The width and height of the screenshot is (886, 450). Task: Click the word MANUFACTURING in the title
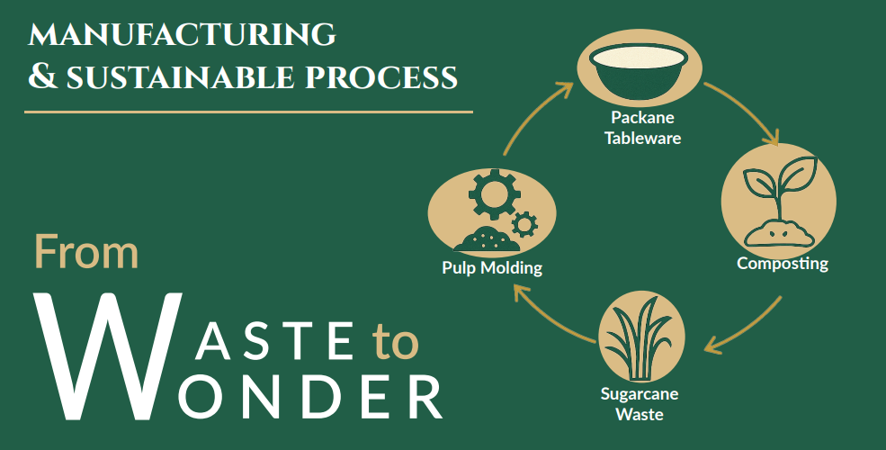pos(183,35)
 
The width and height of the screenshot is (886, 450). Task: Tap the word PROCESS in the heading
pos(384,77)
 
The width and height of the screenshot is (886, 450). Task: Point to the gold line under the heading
pos(248,112)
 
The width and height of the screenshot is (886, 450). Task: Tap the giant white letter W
pos(99,355)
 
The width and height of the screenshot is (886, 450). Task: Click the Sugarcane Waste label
pos(640,404)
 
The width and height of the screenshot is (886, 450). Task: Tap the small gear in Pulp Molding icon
pos(524,222)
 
